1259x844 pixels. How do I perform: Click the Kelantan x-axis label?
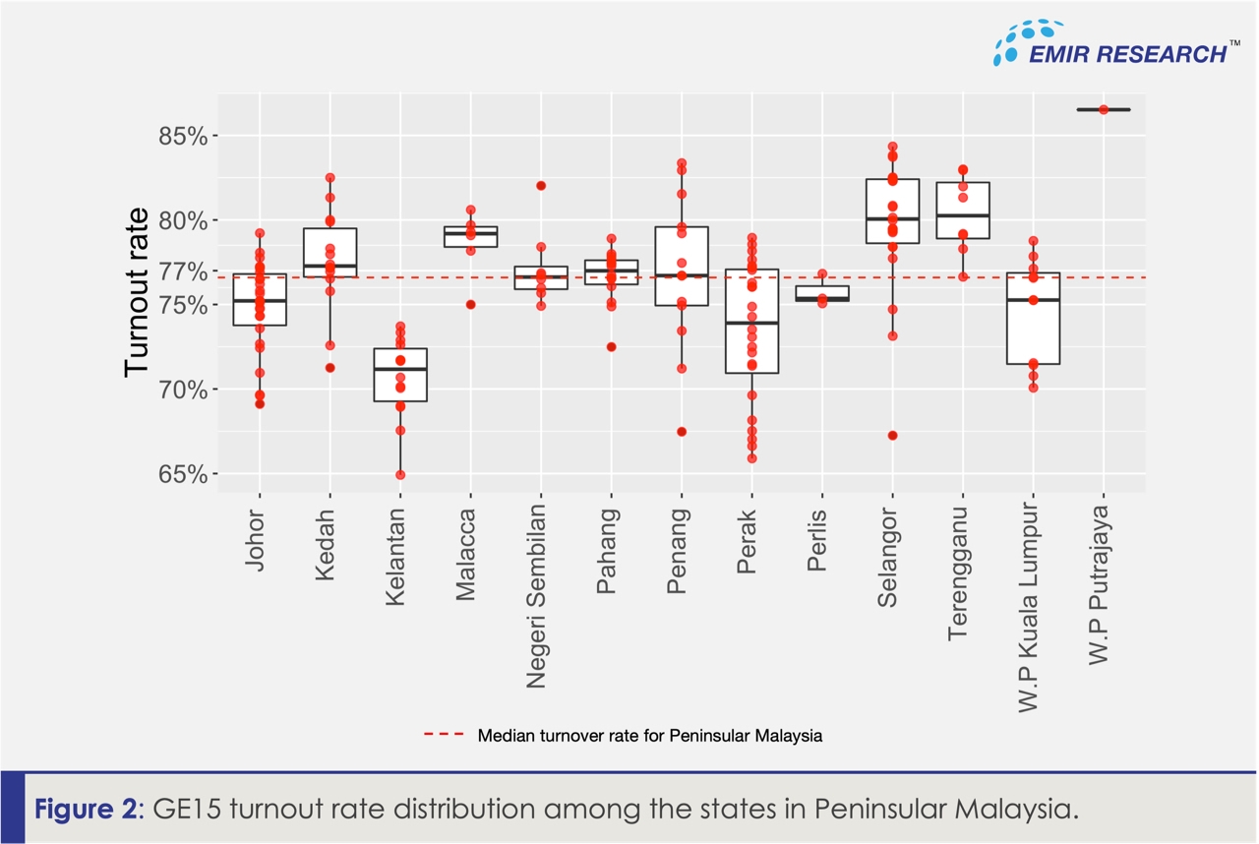[397, 555]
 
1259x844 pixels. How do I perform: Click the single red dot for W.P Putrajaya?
[1104, 109]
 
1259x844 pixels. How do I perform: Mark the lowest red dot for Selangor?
[892, 436]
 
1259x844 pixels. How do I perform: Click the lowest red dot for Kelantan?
[400, 475]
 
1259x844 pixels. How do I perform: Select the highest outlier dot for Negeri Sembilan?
[541, 186]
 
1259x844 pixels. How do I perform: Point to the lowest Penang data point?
[682, 432]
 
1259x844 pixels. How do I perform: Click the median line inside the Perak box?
[751, 323]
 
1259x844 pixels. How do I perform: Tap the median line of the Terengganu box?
[963, 215]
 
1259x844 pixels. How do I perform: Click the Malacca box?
[470, 237]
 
